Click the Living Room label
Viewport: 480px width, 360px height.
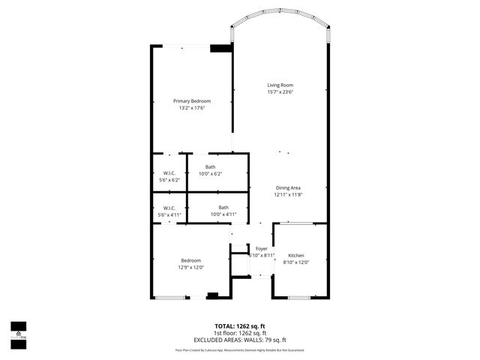280,85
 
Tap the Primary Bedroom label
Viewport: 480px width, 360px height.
192,101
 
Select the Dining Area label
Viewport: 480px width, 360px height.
288,187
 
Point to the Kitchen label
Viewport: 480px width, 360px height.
296,255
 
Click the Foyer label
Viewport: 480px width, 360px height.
261,248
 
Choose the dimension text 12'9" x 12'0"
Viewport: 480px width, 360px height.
190,267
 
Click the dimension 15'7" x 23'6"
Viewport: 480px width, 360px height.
280,92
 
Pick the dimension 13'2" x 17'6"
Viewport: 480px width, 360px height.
192,108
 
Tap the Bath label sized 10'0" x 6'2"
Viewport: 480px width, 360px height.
210,167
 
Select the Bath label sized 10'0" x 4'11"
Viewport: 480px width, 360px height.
223,208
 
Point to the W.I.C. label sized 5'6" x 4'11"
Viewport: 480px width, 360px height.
169,208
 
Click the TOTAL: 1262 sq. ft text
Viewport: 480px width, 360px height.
239,326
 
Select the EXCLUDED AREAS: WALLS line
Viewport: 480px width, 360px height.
239,339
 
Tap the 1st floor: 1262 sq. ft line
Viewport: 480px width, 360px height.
239,333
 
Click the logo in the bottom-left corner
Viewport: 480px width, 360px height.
18,331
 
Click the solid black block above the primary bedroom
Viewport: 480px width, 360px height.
220,48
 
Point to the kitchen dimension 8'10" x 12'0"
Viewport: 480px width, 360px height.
296,262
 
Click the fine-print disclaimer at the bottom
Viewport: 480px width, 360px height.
239,349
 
